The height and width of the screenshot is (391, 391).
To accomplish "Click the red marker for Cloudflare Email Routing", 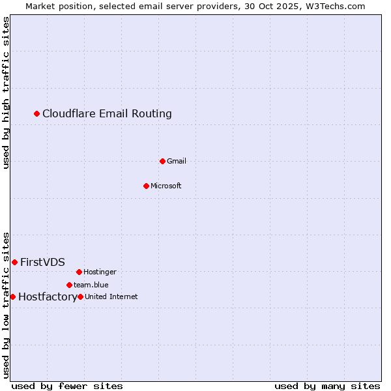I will tap(37, 114).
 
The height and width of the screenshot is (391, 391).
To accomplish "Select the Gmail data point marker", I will tap(162, 161).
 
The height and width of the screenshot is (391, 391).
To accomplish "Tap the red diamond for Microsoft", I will tap(146, 186).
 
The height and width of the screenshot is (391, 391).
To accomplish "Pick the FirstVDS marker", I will tap(14, 262).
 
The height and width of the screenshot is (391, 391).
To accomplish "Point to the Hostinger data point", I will tap(79, 272).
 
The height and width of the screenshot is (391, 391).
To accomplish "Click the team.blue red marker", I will tap(69, 285).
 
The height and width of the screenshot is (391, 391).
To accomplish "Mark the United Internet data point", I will tap(80, 297).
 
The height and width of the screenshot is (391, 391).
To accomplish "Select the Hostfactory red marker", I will tap(12, 297).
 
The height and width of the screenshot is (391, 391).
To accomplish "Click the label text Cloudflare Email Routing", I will tap(107, 114).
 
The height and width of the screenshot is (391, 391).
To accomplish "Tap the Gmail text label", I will tap(177, 161).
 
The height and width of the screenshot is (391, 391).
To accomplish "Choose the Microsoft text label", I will tap(166, 186).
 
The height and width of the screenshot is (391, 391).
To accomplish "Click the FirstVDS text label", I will tap(42, 262).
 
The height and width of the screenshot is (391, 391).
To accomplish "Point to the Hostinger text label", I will tap(100, 272).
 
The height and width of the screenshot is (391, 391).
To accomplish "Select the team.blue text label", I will tap(91, 285).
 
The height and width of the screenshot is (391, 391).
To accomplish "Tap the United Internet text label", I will tap(111, 297).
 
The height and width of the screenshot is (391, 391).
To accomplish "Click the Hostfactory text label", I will tap(48, 297).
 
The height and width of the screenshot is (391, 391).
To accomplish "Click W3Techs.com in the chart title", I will tap(334, 6).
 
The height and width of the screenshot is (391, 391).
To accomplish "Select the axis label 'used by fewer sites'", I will tap(67, 386).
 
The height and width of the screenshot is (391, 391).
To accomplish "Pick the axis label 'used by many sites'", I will tap(327, 386).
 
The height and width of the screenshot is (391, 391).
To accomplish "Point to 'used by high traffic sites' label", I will tap(6, 93).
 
